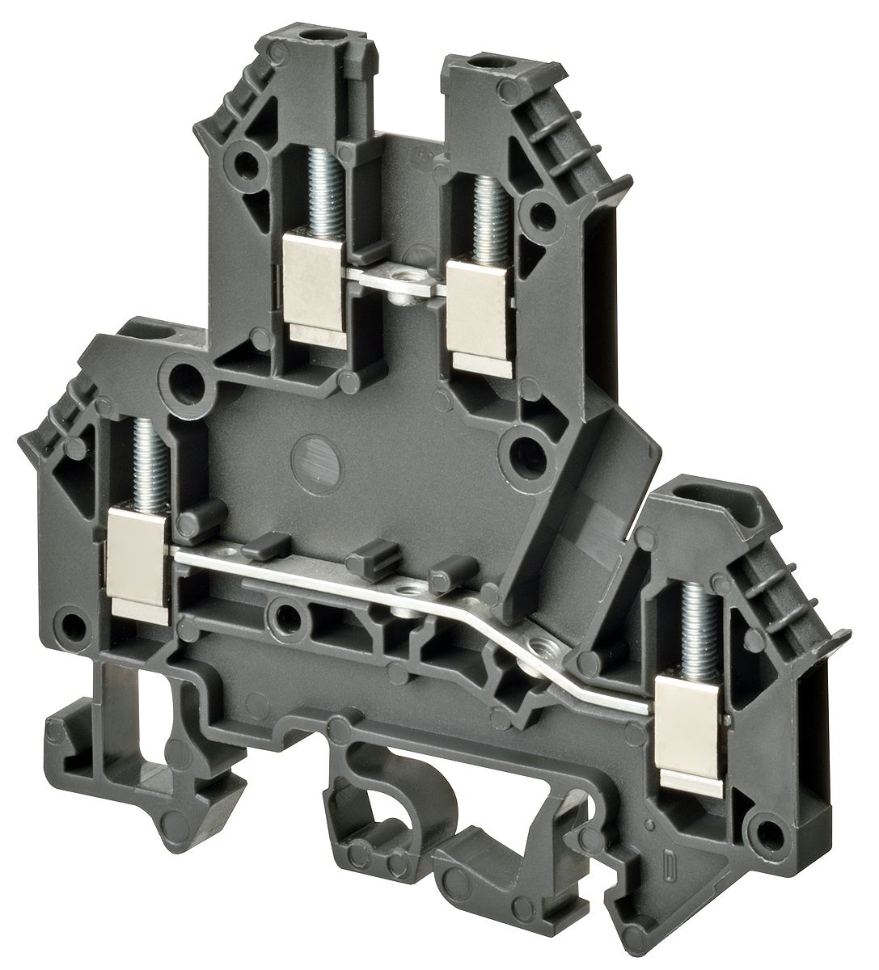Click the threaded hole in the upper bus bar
[399, 279]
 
